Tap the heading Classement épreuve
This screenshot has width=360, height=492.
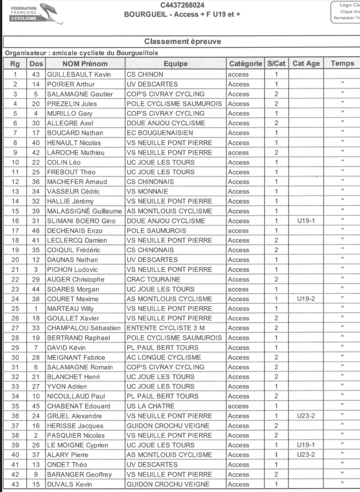[182, 42]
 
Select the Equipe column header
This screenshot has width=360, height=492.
[175, 63]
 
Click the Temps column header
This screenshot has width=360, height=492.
[342, 63]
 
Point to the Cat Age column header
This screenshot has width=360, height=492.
[306, 63]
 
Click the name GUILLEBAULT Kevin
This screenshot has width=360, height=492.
[79, 74]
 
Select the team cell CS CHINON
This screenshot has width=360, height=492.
[145, 74]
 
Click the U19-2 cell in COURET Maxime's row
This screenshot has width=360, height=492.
[305, 299]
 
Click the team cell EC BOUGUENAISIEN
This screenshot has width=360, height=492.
[160, 133]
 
